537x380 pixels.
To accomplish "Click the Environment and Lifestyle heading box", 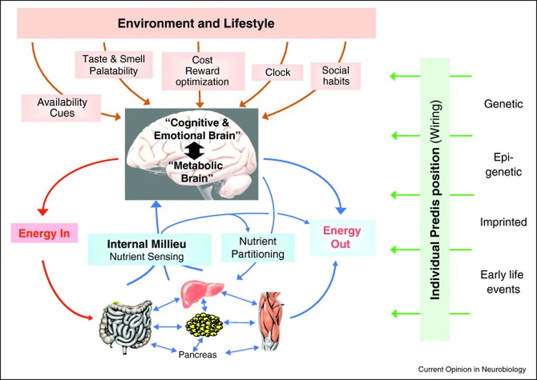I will pos(196,23).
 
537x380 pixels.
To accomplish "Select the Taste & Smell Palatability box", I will pos(114,64).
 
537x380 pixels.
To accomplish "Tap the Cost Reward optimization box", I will pos(202,71).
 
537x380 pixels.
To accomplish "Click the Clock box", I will pos(277,72).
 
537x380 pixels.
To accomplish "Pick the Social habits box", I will pos(336,76).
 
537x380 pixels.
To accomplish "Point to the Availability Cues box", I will pos(62,108).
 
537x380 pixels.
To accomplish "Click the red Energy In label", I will pos(44,233).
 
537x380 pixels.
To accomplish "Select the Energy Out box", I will pos(342,237).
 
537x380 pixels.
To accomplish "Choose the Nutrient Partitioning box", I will pos(259,248).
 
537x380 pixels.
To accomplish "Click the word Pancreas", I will pos(197,355).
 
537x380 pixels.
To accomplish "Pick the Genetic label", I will pos(503,104).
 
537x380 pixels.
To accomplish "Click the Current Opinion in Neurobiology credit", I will pos(472,369).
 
